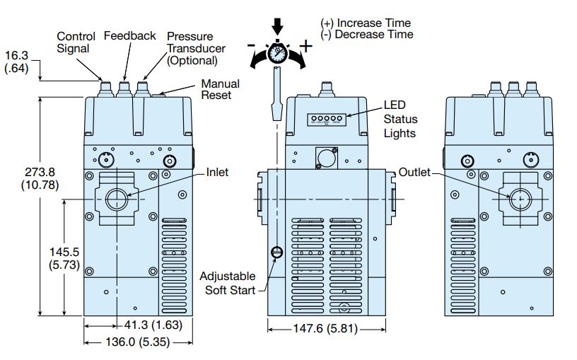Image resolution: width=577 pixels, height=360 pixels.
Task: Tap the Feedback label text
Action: click(x=129, y=35)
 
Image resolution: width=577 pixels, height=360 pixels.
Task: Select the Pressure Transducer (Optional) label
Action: click(x=193, y=48)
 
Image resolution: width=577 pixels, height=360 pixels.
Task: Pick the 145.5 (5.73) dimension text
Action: click(x=65, y=259)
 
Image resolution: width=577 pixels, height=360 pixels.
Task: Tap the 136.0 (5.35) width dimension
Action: click(x=138, y=342)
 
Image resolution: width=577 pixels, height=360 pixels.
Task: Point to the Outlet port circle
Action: click(x=519, y=199)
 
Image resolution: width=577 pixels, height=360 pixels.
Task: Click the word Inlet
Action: click(x=217, y=173)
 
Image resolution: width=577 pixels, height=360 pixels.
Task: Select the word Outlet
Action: click(x=414, y=173)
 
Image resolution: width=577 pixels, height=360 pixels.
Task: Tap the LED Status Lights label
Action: click(x=400, y=118)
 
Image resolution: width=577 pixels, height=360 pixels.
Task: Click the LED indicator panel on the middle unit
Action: click(x=325, y=120)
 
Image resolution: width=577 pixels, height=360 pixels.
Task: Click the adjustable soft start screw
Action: click(x=276, y=252)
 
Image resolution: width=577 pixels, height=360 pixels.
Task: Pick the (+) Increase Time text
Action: click(x=366, y=23)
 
